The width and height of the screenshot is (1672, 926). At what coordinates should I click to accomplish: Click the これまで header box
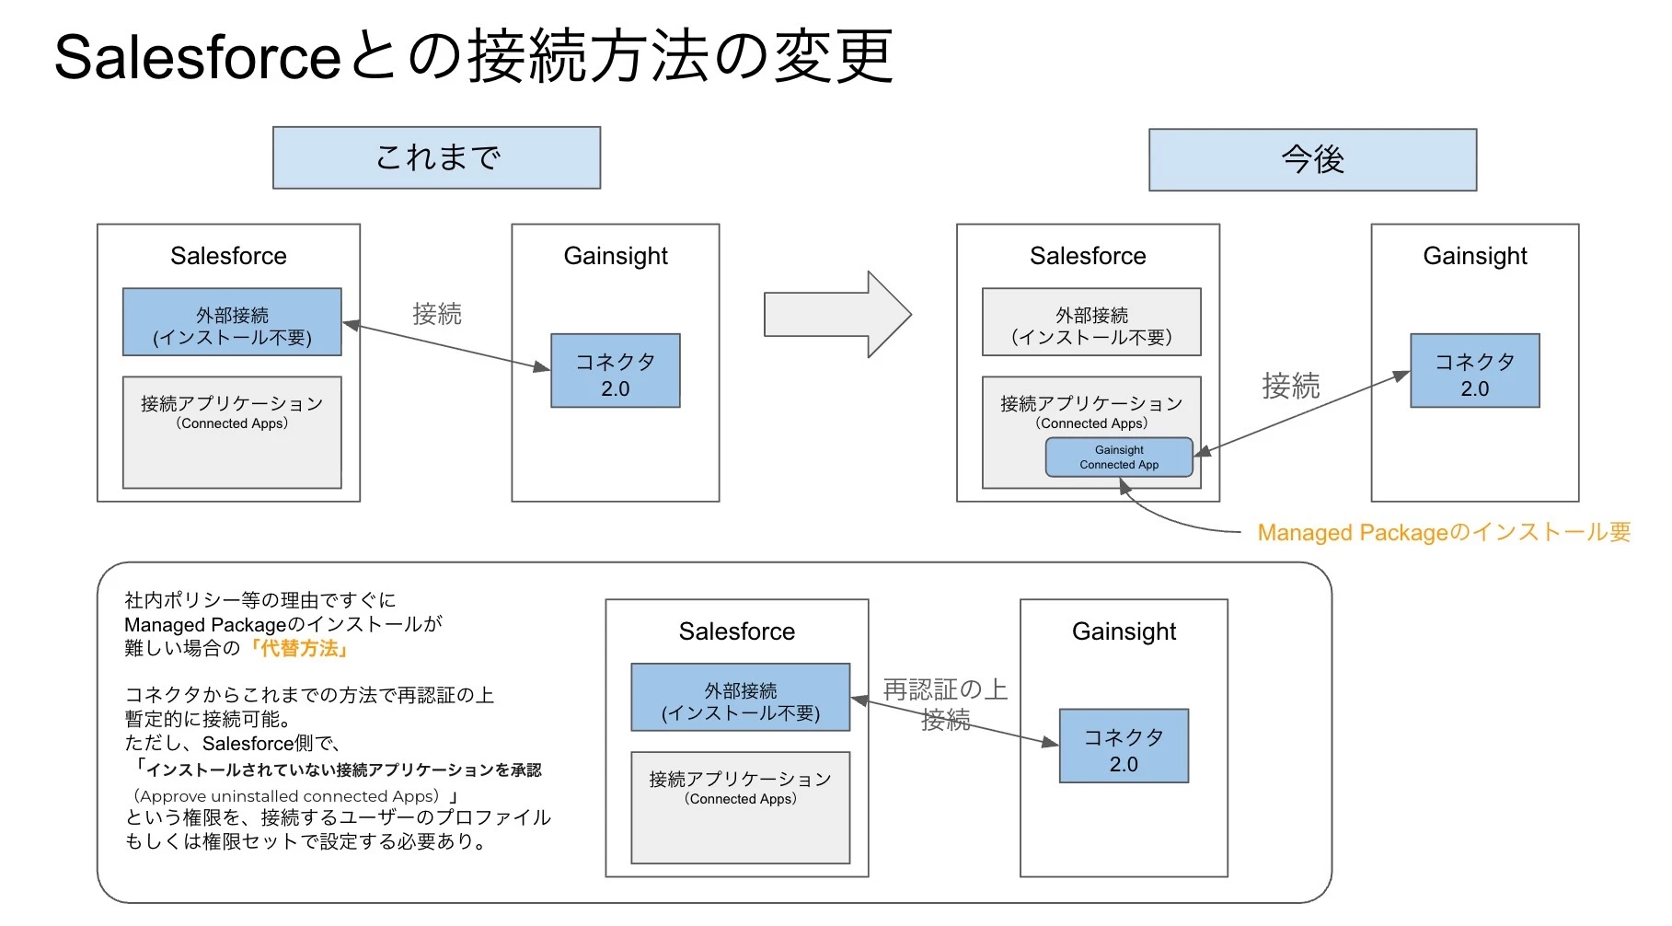[x=436, y=158]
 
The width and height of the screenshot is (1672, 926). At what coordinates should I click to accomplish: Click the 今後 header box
[x=1312, y=160]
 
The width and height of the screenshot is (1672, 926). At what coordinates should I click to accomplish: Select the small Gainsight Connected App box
[x=1119, y=457]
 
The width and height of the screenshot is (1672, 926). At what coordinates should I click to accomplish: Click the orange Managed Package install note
[x=1443, y=533]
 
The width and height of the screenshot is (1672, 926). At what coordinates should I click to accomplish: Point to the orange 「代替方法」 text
[x=299, y=649]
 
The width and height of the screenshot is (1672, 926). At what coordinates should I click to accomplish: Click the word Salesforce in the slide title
[x=198, y=57]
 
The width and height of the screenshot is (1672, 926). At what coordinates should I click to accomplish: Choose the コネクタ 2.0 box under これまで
[x=615, y=371]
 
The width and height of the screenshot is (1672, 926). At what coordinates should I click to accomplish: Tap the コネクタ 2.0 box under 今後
[x=1474, y=371]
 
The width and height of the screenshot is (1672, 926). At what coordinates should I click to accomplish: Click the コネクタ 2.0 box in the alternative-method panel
[x=1123, y=747]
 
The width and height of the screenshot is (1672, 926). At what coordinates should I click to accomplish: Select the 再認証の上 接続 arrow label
[x=945, y=704]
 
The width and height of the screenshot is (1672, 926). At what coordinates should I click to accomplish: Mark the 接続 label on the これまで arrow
[x=437, y=314]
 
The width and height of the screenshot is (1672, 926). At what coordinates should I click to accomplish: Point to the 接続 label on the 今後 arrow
[x=1290, y=386]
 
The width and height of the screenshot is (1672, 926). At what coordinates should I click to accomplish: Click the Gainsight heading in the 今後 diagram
[x=1474, y=256]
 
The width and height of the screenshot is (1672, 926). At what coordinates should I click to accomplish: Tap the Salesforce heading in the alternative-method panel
[x=736, y=631]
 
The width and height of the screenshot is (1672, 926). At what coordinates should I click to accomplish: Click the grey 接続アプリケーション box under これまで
[x=232, y=433]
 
